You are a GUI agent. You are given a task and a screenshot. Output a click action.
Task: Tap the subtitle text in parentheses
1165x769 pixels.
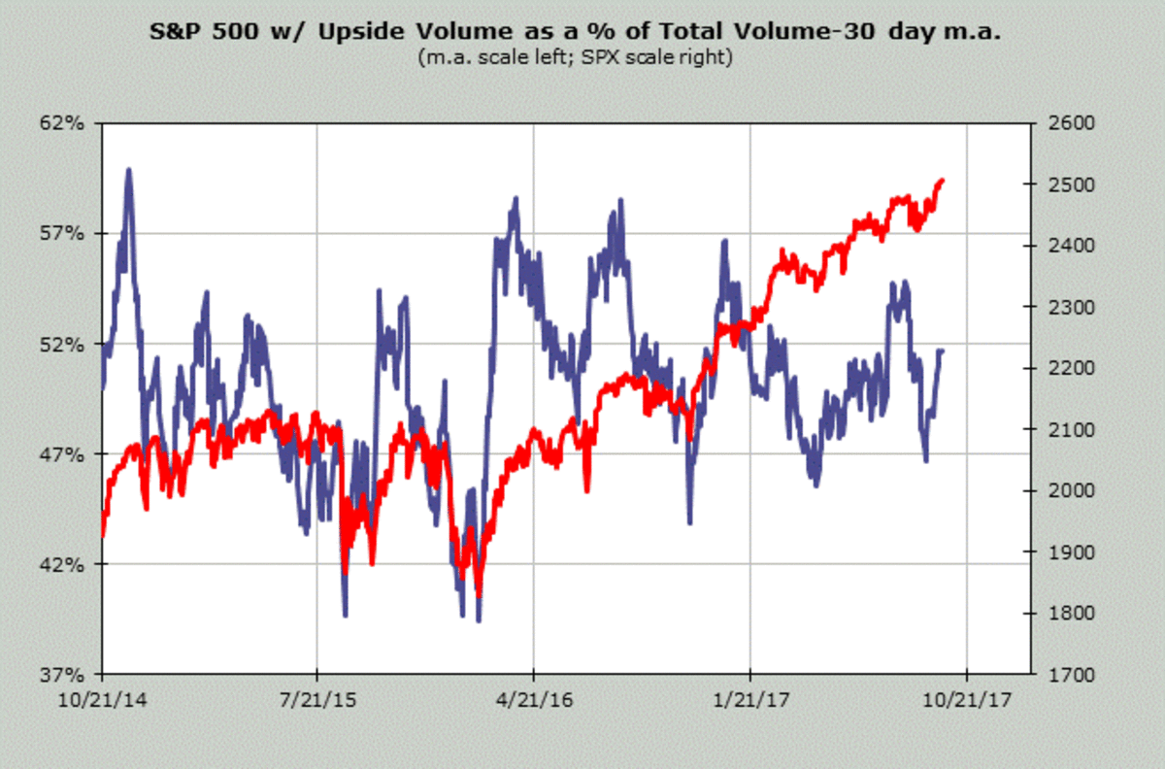coord(576,57)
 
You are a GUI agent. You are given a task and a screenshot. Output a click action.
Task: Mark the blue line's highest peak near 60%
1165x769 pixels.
coord(128,170)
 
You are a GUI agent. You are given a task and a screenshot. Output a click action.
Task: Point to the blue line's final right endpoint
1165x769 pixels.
coord(942,350)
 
